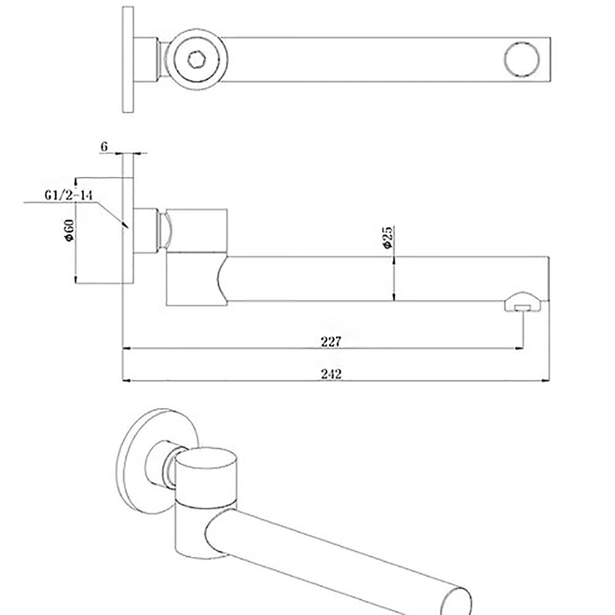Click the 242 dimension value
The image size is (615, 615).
330,373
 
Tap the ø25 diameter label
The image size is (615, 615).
387,237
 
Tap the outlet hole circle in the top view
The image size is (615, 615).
522,60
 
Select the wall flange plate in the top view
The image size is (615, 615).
128,60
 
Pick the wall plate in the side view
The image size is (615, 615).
128,218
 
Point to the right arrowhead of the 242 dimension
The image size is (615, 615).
546,381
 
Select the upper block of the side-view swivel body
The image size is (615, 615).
197,231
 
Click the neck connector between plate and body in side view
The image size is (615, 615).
150,231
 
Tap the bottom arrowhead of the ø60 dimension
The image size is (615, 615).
75,280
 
